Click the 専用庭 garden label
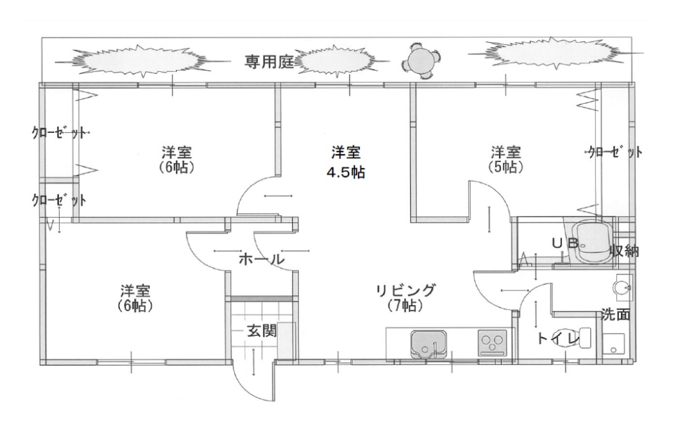point(268,62)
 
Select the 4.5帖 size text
point(346,172)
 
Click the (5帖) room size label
point(506,166)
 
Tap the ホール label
point(261,258)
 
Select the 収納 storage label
point(624,251)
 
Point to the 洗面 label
point(615,314)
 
